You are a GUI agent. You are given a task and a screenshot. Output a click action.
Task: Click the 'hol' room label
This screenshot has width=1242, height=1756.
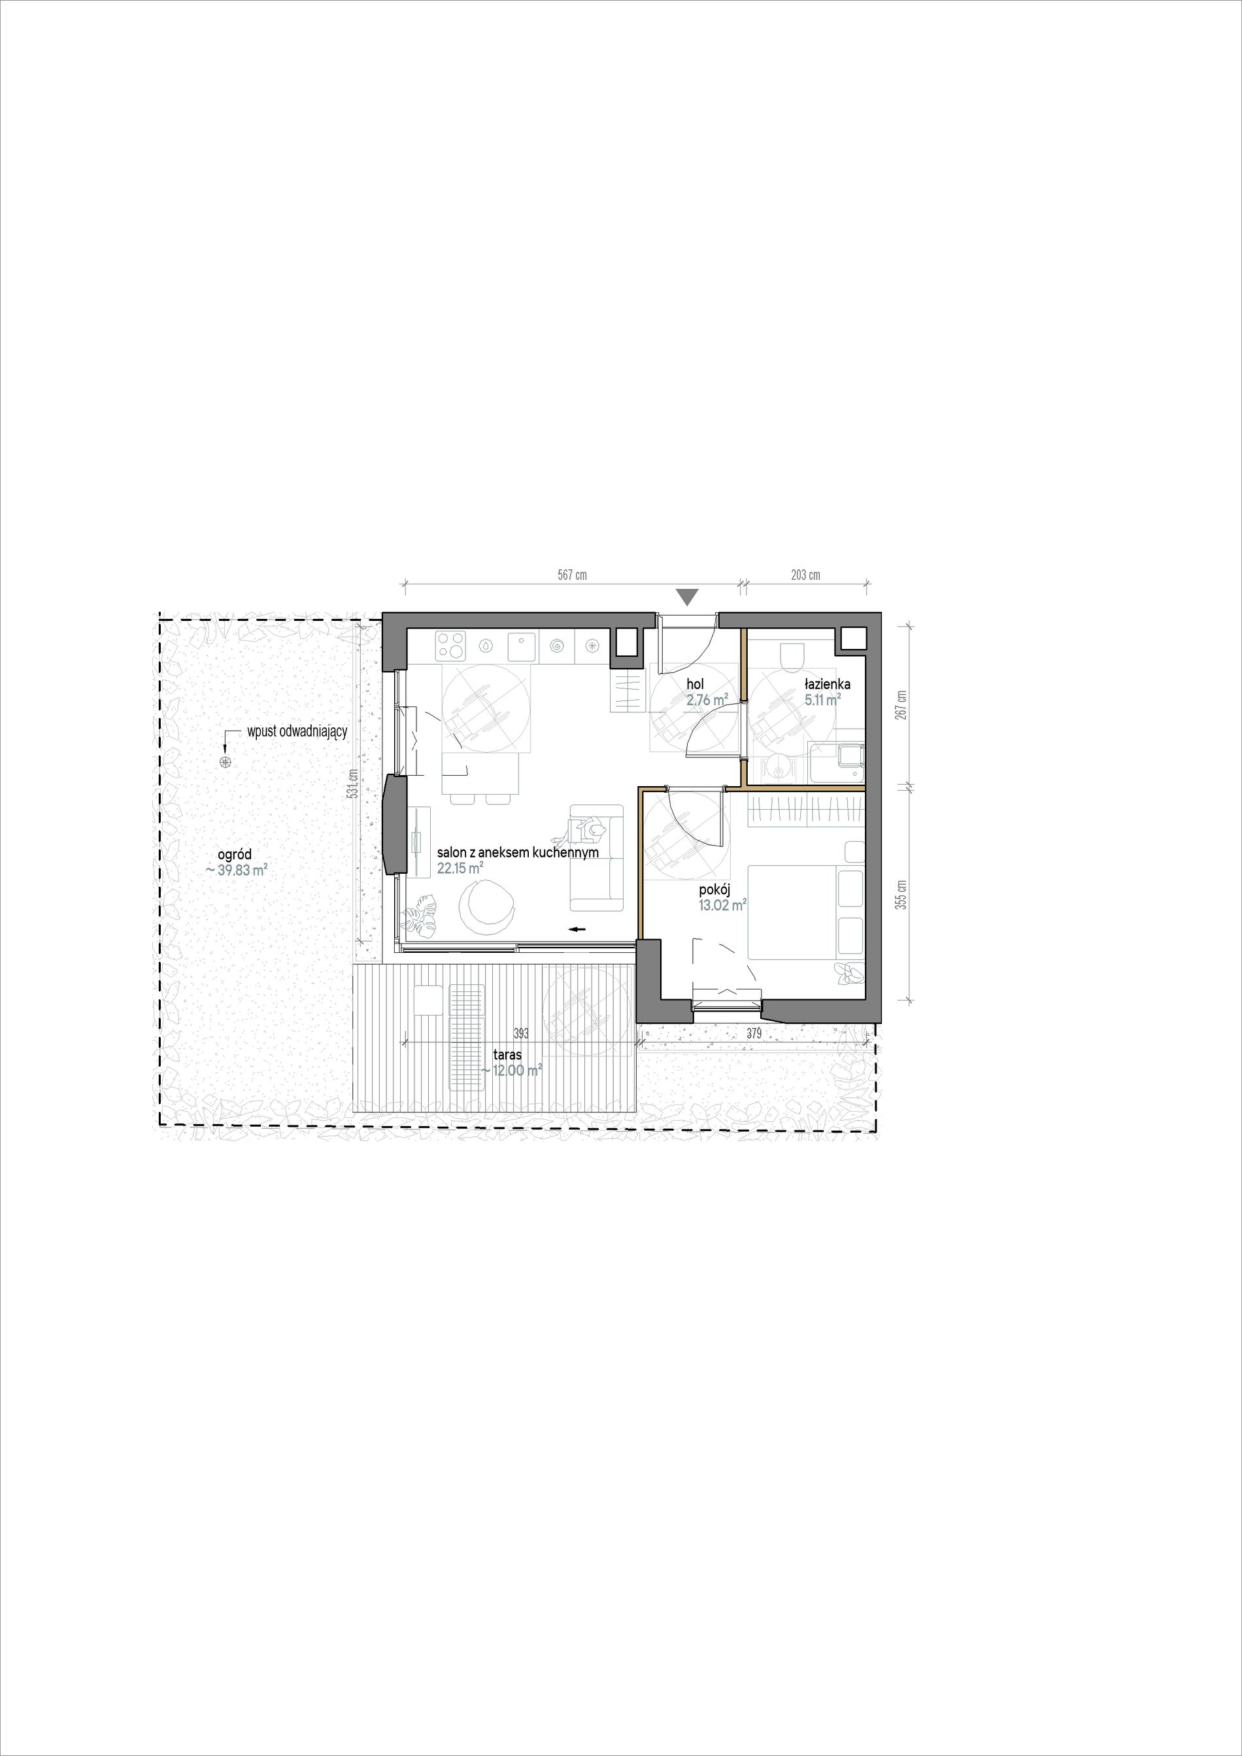click(695, 684)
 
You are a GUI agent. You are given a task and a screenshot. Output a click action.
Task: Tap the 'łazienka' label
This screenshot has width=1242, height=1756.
click(827, 684)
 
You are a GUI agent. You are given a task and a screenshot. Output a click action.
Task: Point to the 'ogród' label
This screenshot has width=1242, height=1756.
click(234, 855)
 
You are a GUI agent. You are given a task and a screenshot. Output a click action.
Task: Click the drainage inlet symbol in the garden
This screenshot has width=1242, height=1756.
click(225, 761)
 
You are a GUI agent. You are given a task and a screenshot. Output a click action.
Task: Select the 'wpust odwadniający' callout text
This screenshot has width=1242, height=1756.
click(297, 731)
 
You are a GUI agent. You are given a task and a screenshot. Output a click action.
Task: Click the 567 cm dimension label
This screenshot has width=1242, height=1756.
click(572, 574)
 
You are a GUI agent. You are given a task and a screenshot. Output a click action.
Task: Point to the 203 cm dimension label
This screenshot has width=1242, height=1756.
click(805, 574)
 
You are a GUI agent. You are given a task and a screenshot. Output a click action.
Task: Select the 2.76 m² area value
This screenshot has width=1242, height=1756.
click(707, 698)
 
